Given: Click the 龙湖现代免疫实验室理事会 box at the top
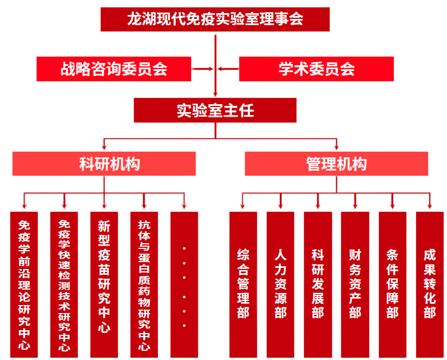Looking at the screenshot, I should (215, 19).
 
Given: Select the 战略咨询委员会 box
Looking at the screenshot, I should (114, 69).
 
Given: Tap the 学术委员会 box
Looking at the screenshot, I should (316, 69).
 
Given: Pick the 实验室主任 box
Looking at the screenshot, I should (215, 110).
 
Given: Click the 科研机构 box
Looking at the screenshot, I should (105, 164).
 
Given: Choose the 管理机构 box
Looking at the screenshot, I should (336, 164).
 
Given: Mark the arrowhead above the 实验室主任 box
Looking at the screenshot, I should (215, 93).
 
